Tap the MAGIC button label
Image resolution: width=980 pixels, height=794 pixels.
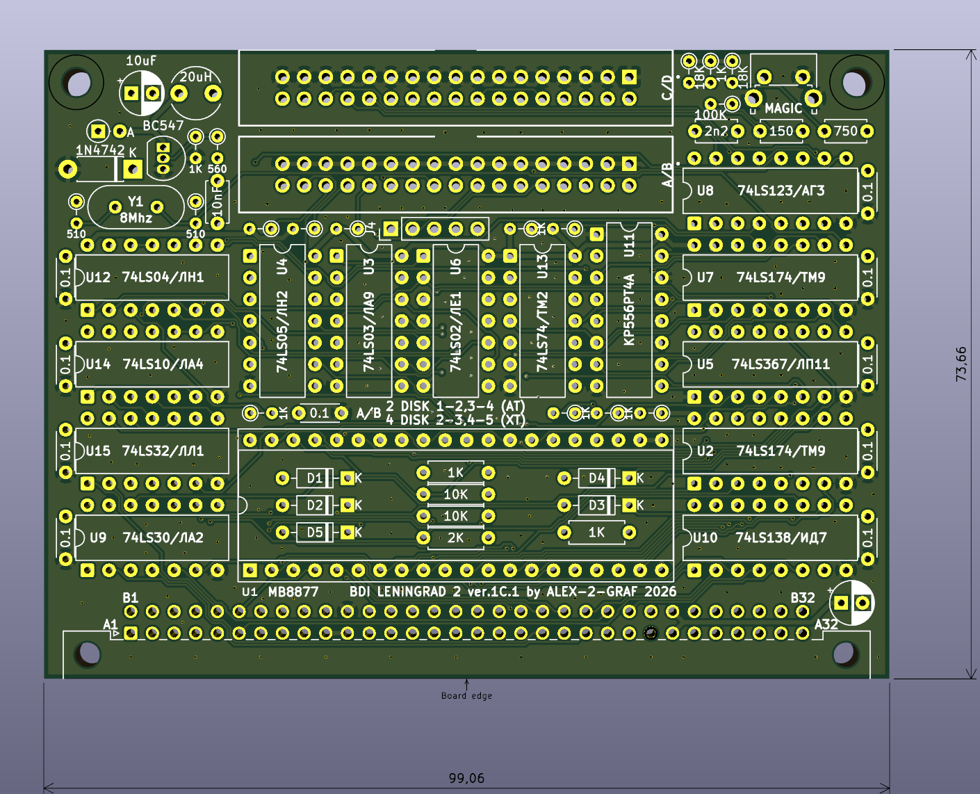tap(783, 108)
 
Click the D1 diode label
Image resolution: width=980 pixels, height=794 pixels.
tap(315, 478)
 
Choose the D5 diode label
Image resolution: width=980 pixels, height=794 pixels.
tap(315, 533)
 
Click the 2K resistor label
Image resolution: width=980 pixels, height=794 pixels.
tap(455, 538)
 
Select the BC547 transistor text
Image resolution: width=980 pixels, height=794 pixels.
tap(163, 126)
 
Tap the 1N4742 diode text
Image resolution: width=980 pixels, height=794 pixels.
tap(100, 150)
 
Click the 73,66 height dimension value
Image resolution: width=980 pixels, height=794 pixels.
tap(961, 364)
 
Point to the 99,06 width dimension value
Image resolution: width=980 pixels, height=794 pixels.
tap(466, 778)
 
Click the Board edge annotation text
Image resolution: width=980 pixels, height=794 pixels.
tap(466, 695)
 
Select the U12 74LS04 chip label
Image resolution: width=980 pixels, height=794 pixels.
tap(145, 277)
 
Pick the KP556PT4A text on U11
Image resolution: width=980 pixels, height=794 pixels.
tap(629, 309)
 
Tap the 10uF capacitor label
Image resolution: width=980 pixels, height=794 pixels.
tap(140, 61)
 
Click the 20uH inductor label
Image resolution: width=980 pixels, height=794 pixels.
tap(195, 76)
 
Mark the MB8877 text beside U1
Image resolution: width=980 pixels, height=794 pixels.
tap(293, 592)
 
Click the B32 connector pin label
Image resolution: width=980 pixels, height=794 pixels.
tap(803, 598)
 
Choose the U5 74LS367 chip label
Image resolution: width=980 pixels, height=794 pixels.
tap(763, 364)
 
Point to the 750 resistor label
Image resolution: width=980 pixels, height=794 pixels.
tap(845, 131)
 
